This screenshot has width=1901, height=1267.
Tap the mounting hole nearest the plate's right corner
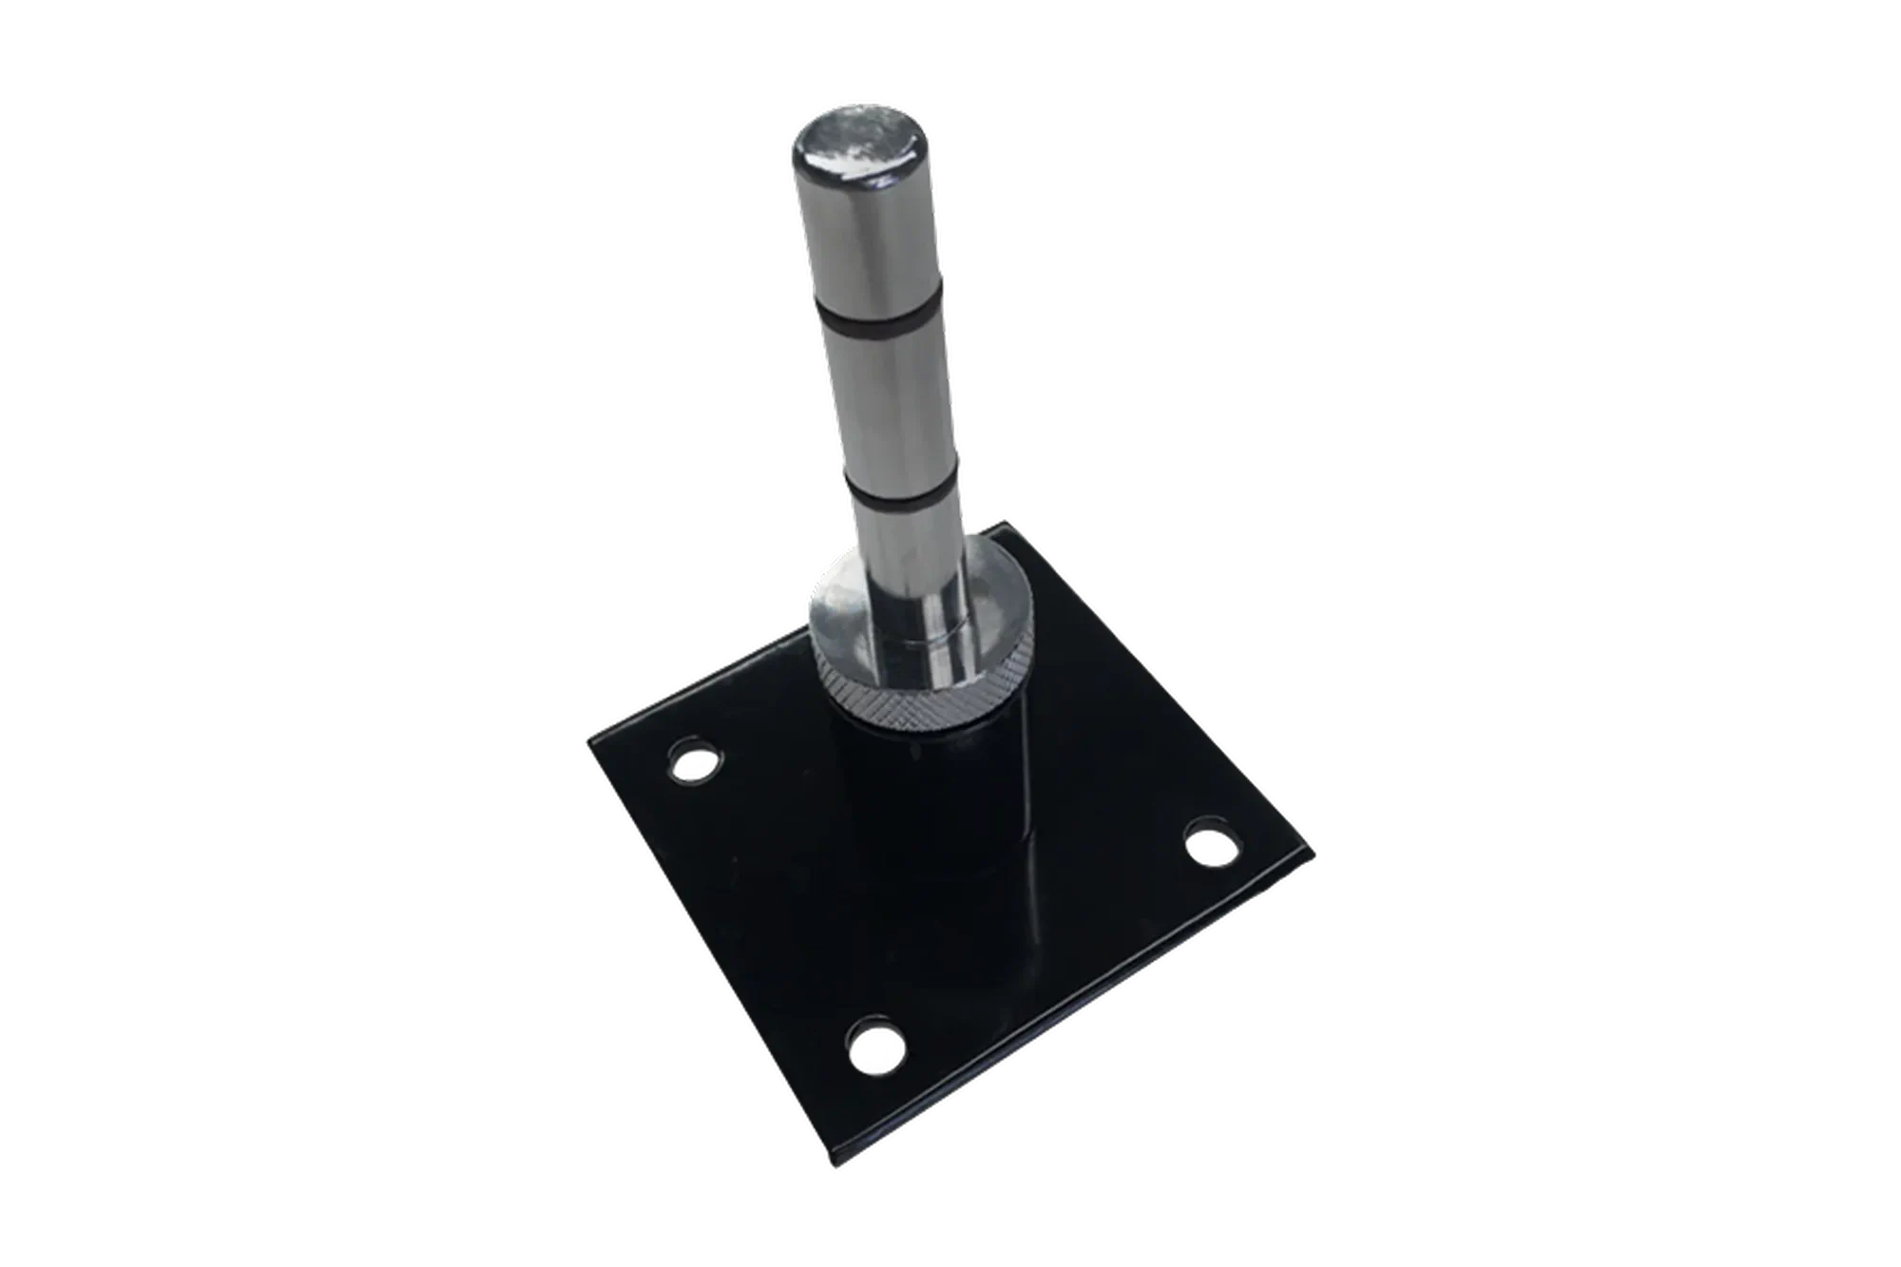1210,843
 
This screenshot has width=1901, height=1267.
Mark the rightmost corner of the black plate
1315,848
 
